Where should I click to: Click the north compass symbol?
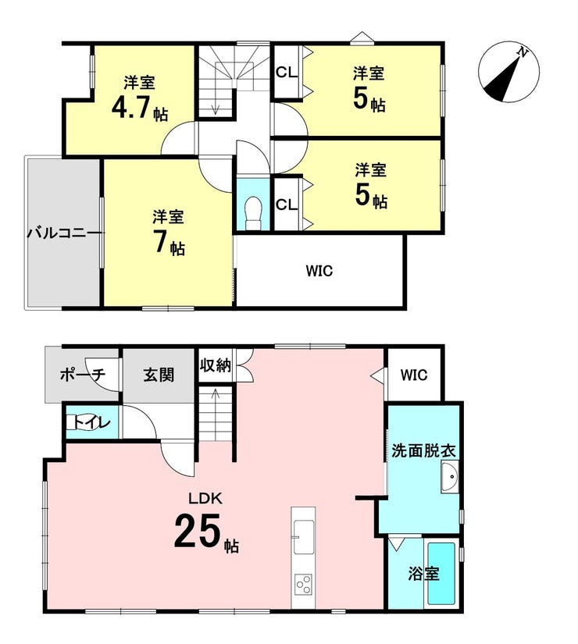508,72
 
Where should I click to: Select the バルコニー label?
63,234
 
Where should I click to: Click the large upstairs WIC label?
319,271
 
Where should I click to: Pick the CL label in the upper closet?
286,73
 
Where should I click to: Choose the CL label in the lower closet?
286,204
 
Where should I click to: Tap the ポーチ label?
83,375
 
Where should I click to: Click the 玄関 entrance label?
159,375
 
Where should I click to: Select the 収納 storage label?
215,365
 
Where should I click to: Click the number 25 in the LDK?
198,531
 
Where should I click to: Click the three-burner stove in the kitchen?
304,585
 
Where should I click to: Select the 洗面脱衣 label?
423,451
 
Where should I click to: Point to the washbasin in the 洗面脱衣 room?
450,477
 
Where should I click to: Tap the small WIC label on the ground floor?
414,375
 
